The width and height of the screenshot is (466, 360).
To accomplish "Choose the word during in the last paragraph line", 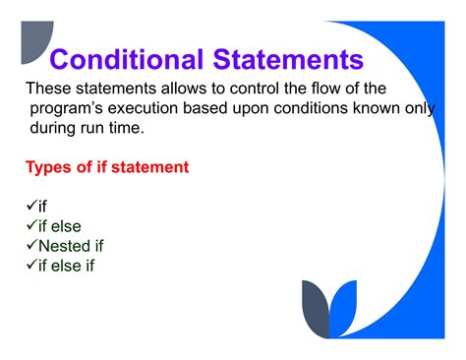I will (57, 128).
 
